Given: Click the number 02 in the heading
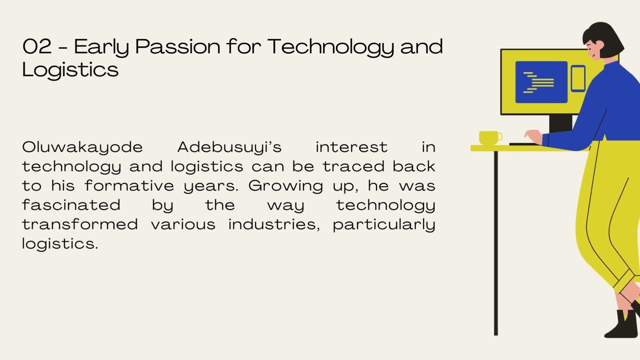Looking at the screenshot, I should point(37,46).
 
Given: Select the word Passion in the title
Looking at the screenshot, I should point(177,47).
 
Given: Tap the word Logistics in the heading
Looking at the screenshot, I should point(70,69).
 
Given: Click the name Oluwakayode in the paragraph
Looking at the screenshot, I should point(82,147).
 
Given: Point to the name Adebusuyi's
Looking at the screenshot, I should point(229,147).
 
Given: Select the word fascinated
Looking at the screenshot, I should point(71,205).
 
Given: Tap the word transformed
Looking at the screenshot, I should point(80,224).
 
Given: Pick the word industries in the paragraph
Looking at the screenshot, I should point(273,224).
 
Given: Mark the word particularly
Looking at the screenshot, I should point(383,224).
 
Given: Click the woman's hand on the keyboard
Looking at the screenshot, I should point(533,136).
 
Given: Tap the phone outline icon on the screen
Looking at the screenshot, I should point(578,78).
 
